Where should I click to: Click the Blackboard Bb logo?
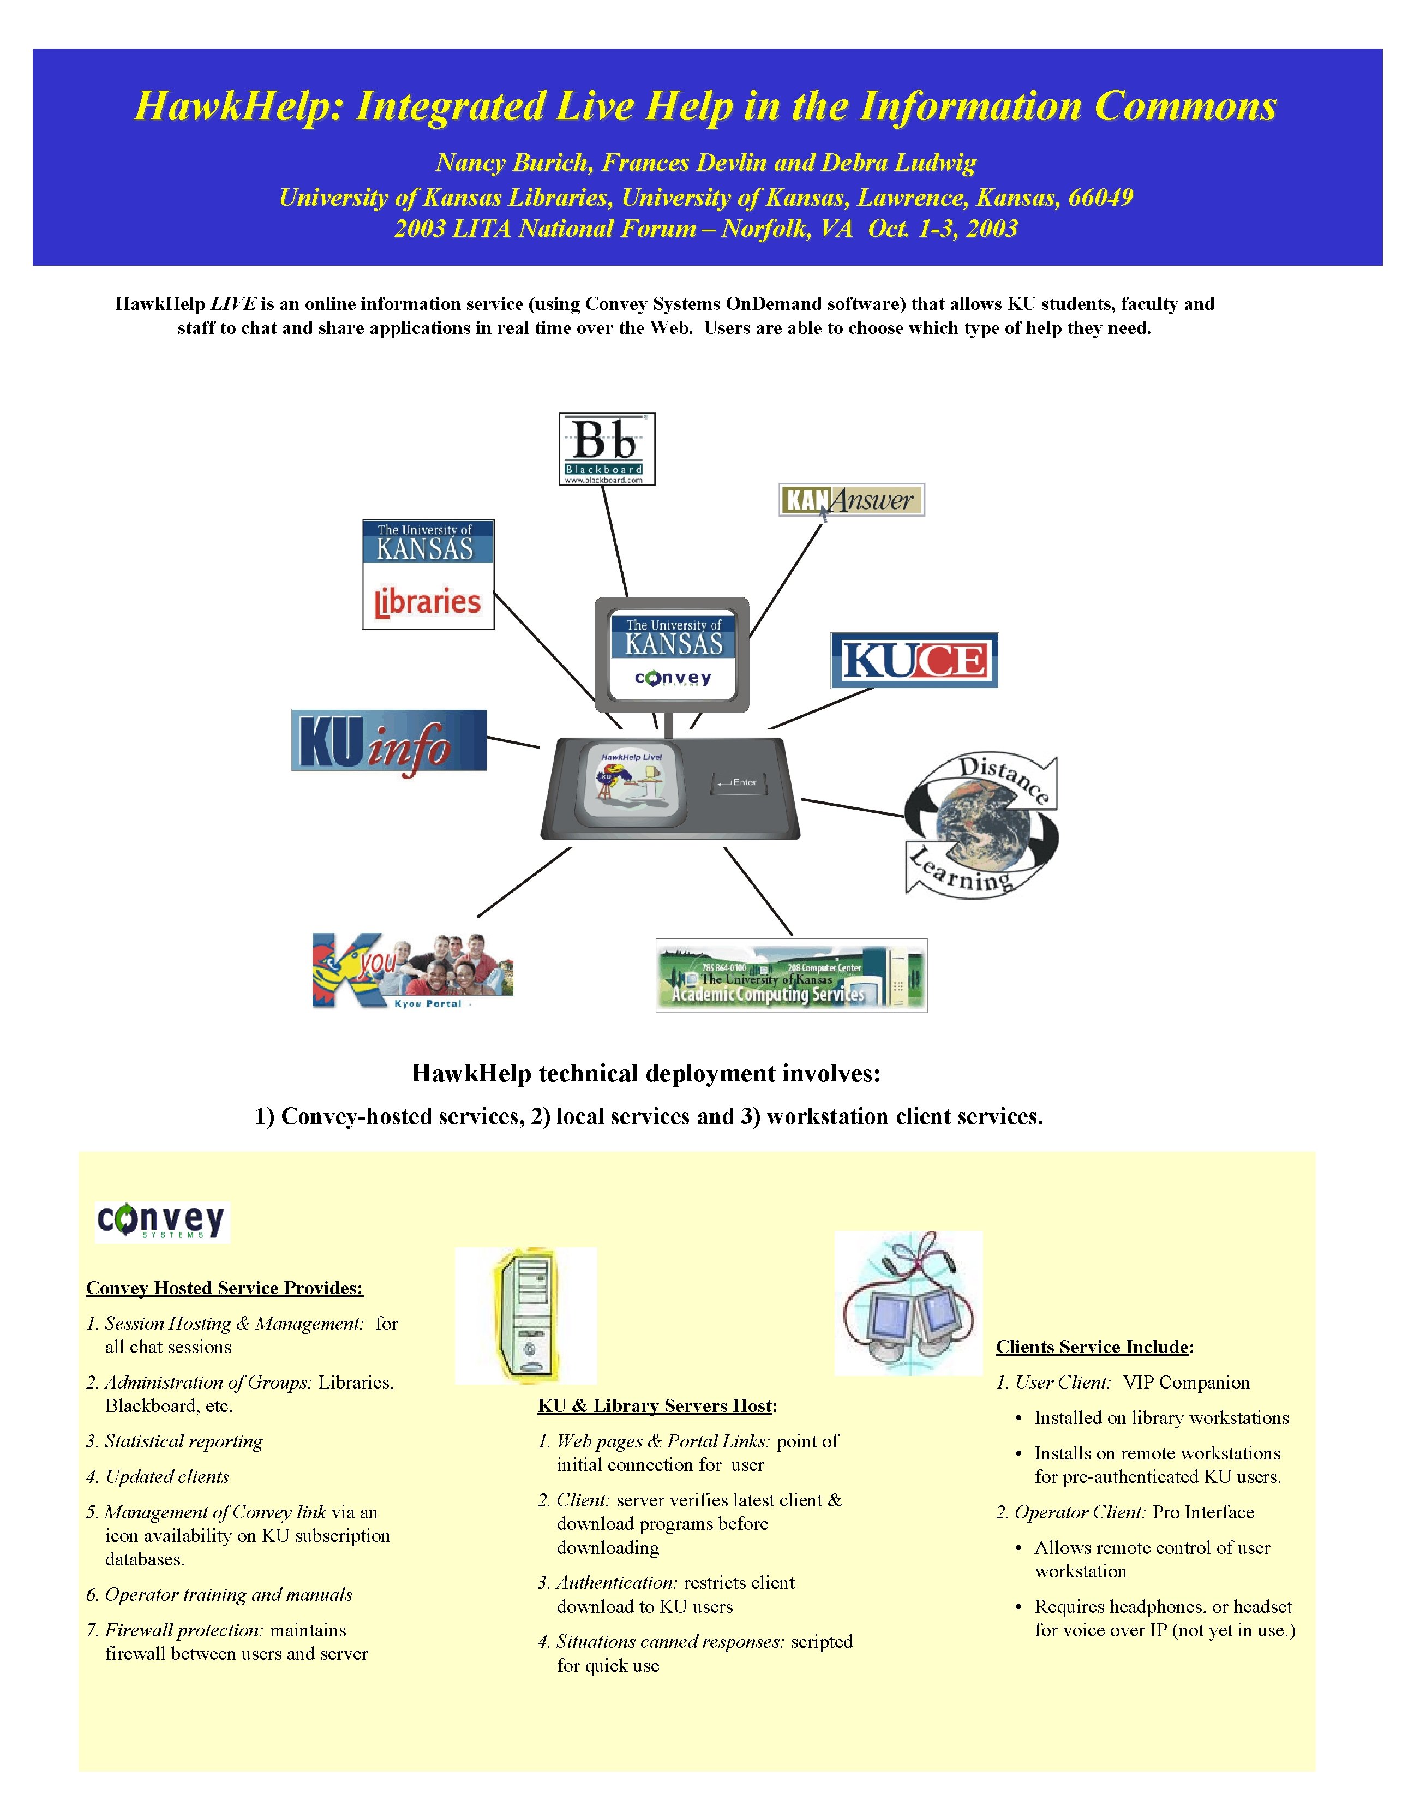click(x=607, y=448)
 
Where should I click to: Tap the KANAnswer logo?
click(x=851, y=500)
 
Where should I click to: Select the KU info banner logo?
click(x=389, y=741)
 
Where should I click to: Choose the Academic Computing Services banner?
click(x=792, y=975)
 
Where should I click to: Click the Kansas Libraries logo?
click(x=428, y=575)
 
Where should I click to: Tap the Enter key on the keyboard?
click(x=739, y=782)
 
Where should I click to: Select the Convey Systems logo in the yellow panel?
click(x=161, y=1222)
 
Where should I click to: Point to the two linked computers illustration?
click(x=908, y=1304)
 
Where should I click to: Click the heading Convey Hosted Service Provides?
click(x=224, y=1288)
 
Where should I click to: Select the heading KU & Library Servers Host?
click(x=656, y=1405)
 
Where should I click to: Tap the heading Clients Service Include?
click(x=1094, y=1347)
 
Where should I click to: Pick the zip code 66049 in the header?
click(x=1100, y=198)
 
